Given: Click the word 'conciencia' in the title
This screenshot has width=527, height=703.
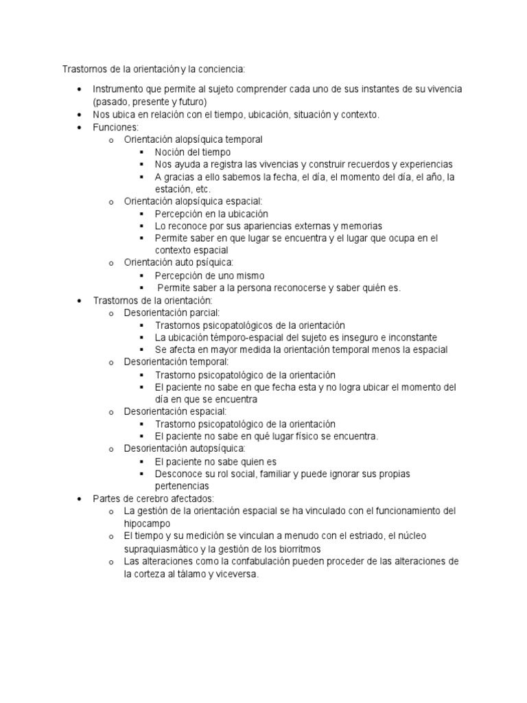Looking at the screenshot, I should click(221, 69).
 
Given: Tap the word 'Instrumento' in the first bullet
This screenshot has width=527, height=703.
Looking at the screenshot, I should click(119, 90).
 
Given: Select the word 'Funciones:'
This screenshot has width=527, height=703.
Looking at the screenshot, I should click(116, 127).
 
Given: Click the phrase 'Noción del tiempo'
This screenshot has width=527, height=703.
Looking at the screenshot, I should click(193, 152).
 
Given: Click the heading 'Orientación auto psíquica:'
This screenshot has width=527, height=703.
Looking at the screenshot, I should click(178, 263).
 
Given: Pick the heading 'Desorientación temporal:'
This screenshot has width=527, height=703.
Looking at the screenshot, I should click(176, 362).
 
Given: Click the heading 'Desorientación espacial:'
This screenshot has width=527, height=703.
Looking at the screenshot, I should click(175, 411).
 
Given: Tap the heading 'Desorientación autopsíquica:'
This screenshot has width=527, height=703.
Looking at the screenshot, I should click(184, 448).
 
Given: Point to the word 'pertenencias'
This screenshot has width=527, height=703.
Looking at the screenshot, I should click(182, 485).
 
